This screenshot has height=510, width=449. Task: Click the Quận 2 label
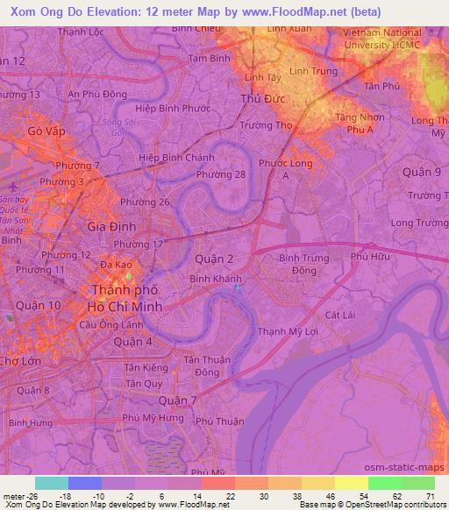(x=213, y=259)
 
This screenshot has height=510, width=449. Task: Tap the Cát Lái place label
(x=338, y=313)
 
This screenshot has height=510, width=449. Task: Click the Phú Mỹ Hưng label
(x=154, y=418)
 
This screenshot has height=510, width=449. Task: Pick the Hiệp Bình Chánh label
(x=176, y=158)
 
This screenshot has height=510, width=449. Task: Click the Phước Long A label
(x=286, y=169)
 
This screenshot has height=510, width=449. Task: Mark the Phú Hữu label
(x=369, y=257)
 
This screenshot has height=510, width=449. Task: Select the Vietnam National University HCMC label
(x=382, y=38)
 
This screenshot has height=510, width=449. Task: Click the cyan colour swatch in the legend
(x=52, y=483)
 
